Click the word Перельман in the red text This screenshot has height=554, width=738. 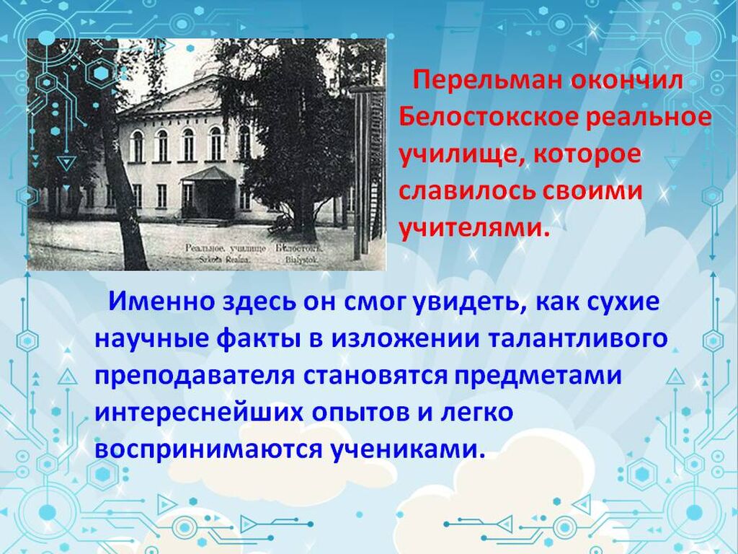click(487, 82)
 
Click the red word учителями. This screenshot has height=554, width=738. click(474, 228)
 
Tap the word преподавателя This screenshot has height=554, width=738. click(195, 377)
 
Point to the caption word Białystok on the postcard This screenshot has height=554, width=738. click(301, 260)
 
